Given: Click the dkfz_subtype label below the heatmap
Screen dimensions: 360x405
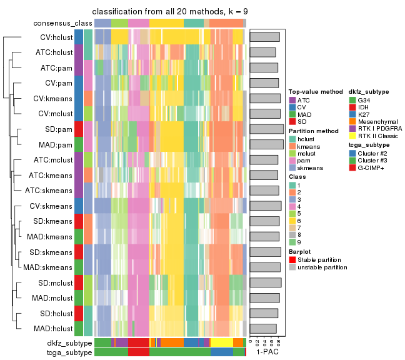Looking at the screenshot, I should pyautogui.click(x=69, y=343).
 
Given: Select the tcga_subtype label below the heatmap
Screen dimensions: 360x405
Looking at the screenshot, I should pyautogui.click(x=69, y=352).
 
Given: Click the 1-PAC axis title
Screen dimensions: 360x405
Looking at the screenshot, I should pyautogui.click(x=267, y=352).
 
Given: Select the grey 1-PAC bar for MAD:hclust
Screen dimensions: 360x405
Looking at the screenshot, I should pyautogui.click(x=263, y=328).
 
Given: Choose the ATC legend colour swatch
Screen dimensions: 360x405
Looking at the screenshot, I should pyautogui.click(x=292, y=100).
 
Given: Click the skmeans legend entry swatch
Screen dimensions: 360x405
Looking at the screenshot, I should pyautogui.click(x=292, y=167).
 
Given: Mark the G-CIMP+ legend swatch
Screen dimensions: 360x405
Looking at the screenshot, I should pyautogui.click(x=352, y=167).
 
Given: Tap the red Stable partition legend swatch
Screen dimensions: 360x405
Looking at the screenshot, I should pyautogui.click(x=292, y=259).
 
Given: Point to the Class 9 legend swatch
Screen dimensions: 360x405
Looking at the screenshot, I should pyautogui.click(x=292, y=242).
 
